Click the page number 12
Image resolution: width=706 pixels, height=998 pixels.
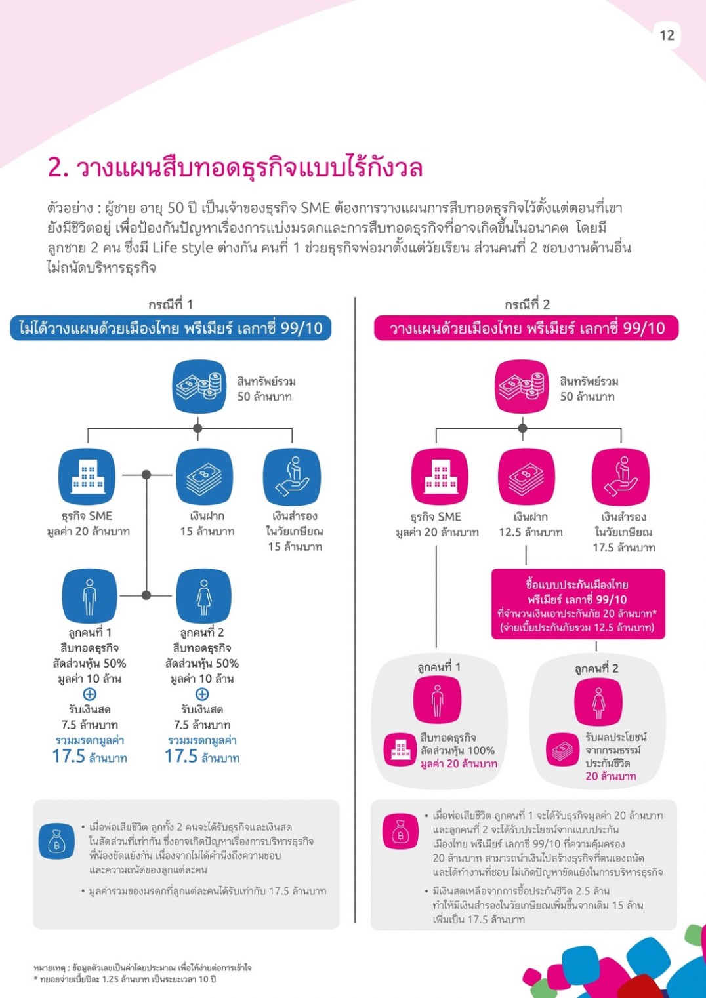pos(667,35)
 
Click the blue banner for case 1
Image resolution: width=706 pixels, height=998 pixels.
pos(171,328)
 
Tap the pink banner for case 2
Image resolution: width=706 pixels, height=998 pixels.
pos(526,329)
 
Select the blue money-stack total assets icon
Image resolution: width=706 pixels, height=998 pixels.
pos(199,387)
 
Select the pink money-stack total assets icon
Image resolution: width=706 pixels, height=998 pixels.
pos(522,387)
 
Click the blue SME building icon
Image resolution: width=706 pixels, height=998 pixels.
pos(87,477)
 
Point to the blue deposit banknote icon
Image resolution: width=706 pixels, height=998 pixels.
pos(204,477)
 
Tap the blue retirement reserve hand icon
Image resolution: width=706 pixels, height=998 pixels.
pos(292,477)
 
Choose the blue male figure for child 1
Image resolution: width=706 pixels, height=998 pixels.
pos(90,596)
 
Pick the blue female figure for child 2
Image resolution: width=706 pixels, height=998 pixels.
pos(204,596)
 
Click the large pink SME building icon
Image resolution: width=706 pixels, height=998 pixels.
pos(440,477)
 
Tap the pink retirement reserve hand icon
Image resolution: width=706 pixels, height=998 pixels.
pos(620,477)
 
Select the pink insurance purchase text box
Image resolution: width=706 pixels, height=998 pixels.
pos(578,604)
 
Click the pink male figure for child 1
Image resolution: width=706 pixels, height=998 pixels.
pos(437,700)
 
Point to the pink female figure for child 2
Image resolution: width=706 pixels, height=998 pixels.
pos(598,702)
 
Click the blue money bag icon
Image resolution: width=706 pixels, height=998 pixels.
pos(56,841)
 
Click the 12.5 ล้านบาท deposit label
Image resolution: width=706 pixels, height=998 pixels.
pos(530,532)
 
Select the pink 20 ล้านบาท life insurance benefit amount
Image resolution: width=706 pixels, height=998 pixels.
pos(611,776)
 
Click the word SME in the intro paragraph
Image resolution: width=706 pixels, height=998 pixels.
pos(315,209)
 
